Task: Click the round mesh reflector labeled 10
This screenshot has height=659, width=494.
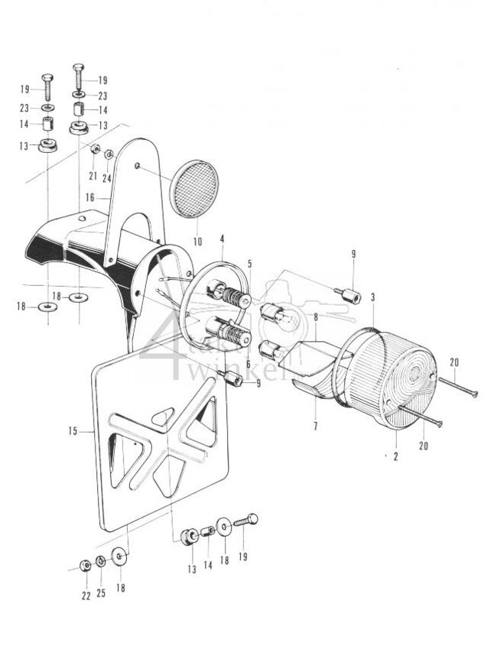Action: (x=195, y=189)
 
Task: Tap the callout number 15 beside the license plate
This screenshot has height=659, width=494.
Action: (x=73, y=432)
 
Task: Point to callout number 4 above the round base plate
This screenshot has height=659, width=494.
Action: (x=222, y=239)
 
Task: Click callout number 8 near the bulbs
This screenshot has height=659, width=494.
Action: (x=315, y=316)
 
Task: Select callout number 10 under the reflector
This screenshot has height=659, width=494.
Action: (x=198, y=242)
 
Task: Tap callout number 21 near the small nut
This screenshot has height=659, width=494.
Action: (x=92, y=176)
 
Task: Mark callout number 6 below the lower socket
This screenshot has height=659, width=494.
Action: (x=248, y=364)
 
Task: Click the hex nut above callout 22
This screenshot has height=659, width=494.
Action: (x=86, y=566)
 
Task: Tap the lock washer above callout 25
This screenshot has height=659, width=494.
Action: (x=102, y=562)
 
